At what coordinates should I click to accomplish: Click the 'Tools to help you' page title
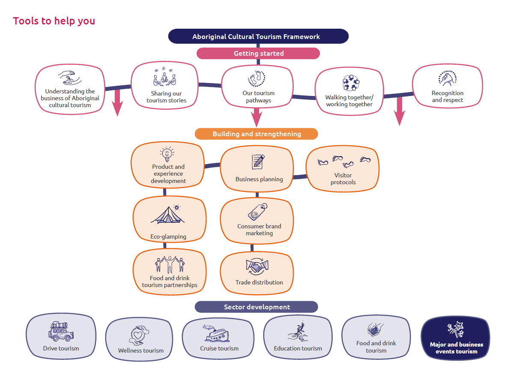click(x=54, y=21)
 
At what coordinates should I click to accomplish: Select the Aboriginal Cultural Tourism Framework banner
click(x=258, y=36)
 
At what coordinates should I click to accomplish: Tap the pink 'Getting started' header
click(x=258, y=54)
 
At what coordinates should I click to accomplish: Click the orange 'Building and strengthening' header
click(x=256, y=134)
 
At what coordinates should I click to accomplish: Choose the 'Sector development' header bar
click(x=256, y=307)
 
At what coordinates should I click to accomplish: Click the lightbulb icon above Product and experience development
click(x=167, y=154)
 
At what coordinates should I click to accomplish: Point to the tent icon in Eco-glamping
click(x=168, y=214)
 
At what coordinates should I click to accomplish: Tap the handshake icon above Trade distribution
click(x=257, y=266)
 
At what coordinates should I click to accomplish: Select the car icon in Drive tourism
click(x=61, y=331)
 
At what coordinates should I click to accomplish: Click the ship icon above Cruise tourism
click(x=216, y=333)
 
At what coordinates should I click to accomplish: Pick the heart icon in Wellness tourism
click(x=139, y=335)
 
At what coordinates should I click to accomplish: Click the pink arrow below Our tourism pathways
click(x=256, y=117)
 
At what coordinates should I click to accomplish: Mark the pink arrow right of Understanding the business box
click(x=117, y=102)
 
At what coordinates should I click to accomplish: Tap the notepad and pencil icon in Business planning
click(x=258, y=162)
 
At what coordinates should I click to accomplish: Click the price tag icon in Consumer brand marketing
click(x=258, y=212)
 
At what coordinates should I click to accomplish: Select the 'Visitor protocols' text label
click(x=343, y=179)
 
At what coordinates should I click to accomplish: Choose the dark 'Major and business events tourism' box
click(x=455, y=338)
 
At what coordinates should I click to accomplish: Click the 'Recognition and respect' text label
click(x=447, y=97)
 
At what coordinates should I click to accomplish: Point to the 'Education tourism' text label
click(x=298, y=348)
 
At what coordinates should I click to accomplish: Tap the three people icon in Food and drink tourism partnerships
click(x=170, y=264)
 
